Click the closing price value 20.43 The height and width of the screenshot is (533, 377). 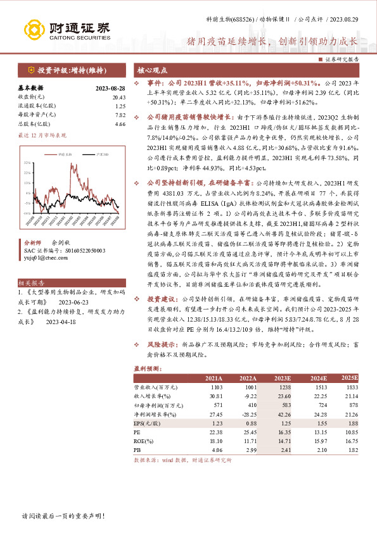pyautogui.click(x=118, y=97)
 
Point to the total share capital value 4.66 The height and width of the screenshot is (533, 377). pyautogui.click(x=120, y=125)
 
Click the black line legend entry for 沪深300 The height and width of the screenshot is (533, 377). pyautogui.click(x=90, y=154)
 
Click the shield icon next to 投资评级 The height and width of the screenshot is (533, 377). pyautogui.click(x=30, y=70)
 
